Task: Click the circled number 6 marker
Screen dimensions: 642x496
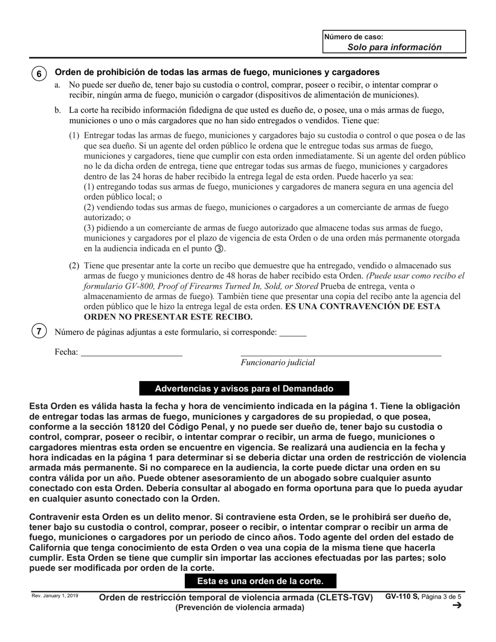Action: [39, 74]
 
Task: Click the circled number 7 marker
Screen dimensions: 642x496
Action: [39, 331]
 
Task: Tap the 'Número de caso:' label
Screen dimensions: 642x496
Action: [354, 37]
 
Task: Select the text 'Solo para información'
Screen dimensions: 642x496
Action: [394, 47]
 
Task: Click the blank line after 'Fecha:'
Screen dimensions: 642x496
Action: [132, 352]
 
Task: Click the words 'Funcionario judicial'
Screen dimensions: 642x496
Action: [278, 362]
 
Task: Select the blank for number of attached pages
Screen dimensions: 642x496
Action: [293, 332]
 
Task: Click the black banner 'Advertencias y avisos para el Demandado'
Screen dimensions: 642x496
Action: [244, 389]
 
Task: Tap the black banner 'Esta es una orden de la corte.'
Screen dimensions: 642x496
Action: [260, 581]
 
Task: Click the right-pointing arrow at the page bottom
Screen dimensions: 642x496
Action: [457, 605]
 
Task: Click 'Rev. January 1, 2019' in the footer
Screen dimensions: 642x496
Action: [55, 596]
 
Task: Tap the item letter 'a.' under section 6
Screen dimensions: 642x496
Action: [57, 85]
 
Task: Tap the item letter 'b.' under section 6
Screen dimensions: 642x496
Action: [57, 110]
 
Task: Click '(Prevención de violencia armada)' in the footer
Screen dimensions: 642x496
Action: [240, 608]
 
